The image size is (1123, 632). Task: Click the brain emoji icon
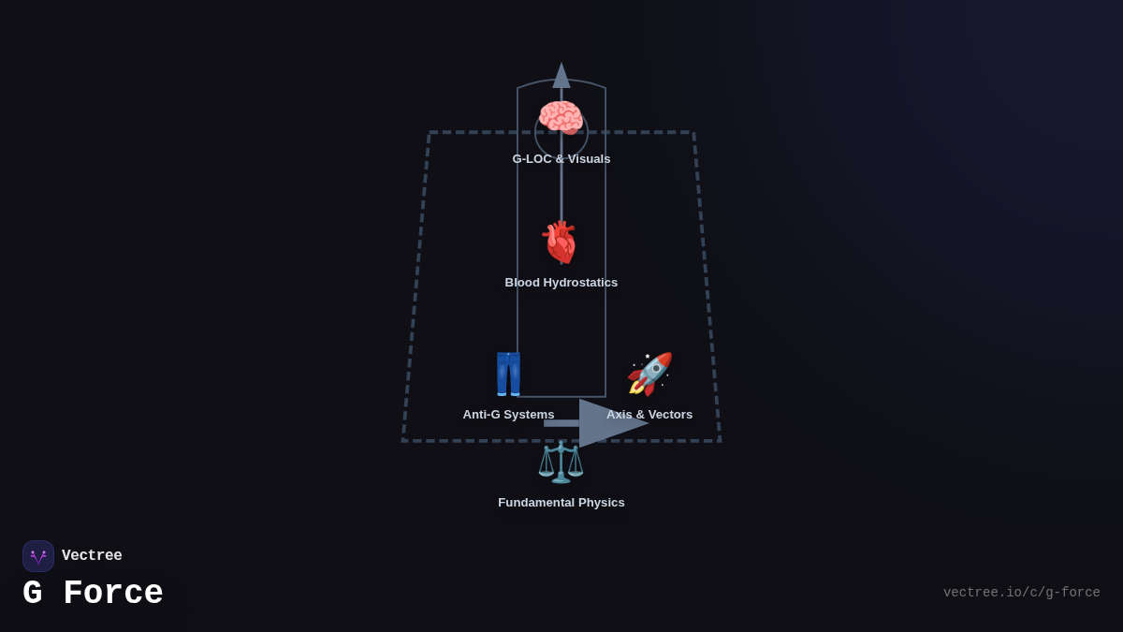point(561,118)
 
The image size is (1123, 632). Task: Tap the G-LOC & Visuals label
point(561,159)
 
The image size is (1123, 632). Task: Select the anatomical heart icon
point(561,242)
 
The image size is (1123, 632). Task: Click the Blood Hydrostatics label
point(561,283)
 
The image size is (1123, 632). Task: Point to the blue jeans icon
point(508,375)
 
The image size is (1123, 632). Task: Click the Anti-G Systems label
point(508,415)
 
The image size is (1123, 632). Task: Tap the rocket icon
point(649,375)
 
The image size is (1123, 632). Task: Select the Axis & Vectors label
point(649,415)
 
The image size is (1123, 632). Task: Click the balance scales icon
point(561,463)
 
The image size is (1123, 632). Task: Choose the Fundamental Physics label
point(561,503)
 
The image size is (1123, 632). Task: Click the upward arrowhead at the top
point(561,76)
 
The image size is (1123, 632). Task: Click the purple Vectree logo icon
point(38,556)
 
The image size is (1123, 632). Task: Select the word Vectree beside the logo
point(92,556)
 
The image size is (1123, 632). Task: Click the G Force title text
point(93,594)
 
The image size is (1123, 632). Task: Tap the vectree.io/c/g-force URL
point(1021,593)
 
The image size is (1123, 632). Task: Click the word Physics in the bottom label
point(600,503)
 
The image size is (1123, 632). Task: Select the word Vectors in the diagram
point(669,415)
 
